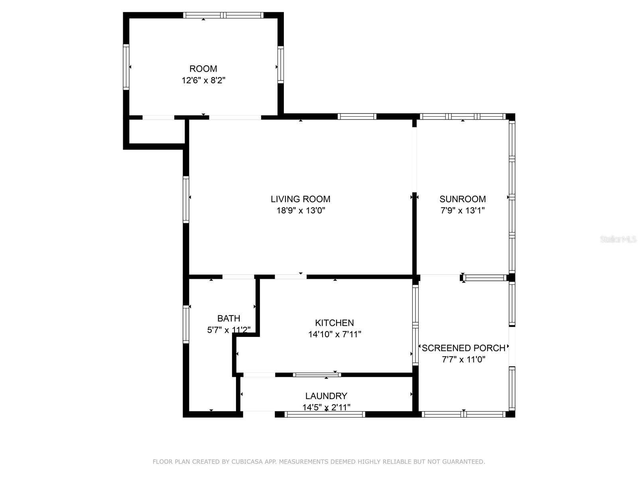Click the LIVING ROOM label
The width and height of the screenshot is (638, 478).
click(x=300, y=199)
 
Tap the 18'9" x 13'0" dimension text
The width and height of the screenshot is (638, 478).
click(x=301, y=210)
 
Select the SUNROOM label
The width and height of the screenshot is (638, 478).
click(x=463, y=199)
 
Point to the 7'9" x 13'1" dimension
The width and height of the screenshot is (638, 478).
click(x=463, y=210)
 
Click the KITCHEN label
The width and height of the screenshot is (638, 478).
click(x=334, y=323)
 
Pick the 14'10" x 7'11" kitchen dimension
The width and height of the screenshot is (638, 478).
click(x=334, y=334)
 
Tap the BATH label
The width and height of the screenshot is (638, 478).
click(x=228, y=318)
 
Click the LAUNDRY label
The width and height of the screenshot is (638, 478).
click(x=326, y=396)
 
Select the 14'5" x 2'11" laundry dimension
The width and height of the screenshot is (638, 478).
click(x=326, y=407)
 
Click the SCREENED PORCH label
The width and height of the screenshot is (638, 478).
click(x=463, y=348)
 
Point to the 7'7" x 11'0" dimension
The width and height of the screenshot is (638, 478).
click(x=463, y=359)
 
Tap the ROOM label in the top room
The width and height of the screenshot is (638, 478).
click(x=203, y=69)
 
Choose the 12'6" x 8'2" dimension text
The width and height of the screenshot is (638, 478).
click(x=203, y=80)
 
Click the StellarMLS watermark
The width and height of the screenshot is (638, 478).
click(x=618, y=239)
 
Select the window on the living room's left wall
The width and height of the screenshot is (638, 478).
click(x=186, y=199)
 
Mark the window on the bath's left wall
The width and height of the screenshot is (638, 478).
click(x=186, y=324)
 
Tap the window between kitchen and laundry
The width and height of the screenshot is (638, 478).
click(x=317, y=374)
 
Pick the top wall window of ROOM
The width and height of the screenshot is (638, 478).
click(x=223, y=16)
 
